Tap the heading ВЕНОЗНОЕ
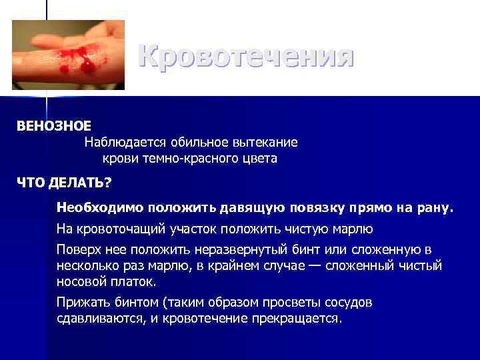[x=54, y=125]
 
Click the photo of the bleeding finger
[x=69, y=55]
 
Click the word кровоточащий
[x=123, y=229]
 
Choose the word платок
[x=130, y=281]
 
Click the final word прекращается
[x=297, y=318]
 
